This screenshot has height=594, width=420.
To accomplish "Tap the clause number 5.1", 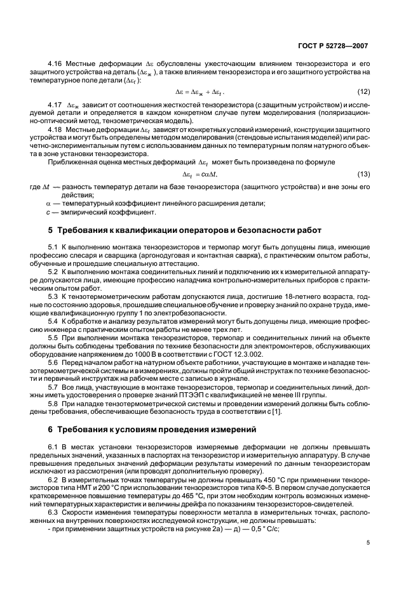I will [x=54, y=246].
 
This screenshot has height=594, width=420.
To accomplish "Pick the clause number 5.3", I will [x=54, y=296].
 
